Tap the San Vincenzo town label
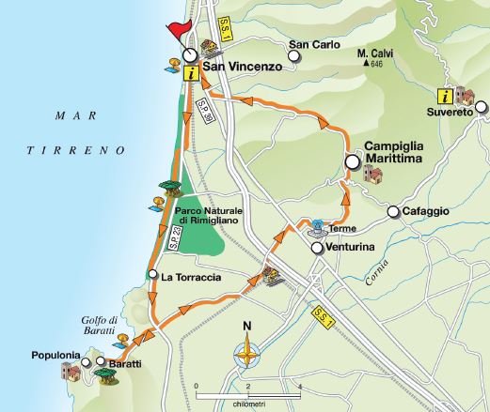(x=241, y=68)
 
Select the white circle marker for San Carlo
(x=294, y=57)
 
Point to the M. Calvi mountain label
(x=375, y=53)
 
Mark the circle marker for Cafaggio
(x=393, y=212)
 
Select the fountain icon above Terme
(x=317, y=228)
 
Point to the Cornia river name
(x=377, y=277)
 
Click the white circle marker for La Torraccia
(x=152, y=274)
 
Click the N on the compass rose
(x=247, y=327)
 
